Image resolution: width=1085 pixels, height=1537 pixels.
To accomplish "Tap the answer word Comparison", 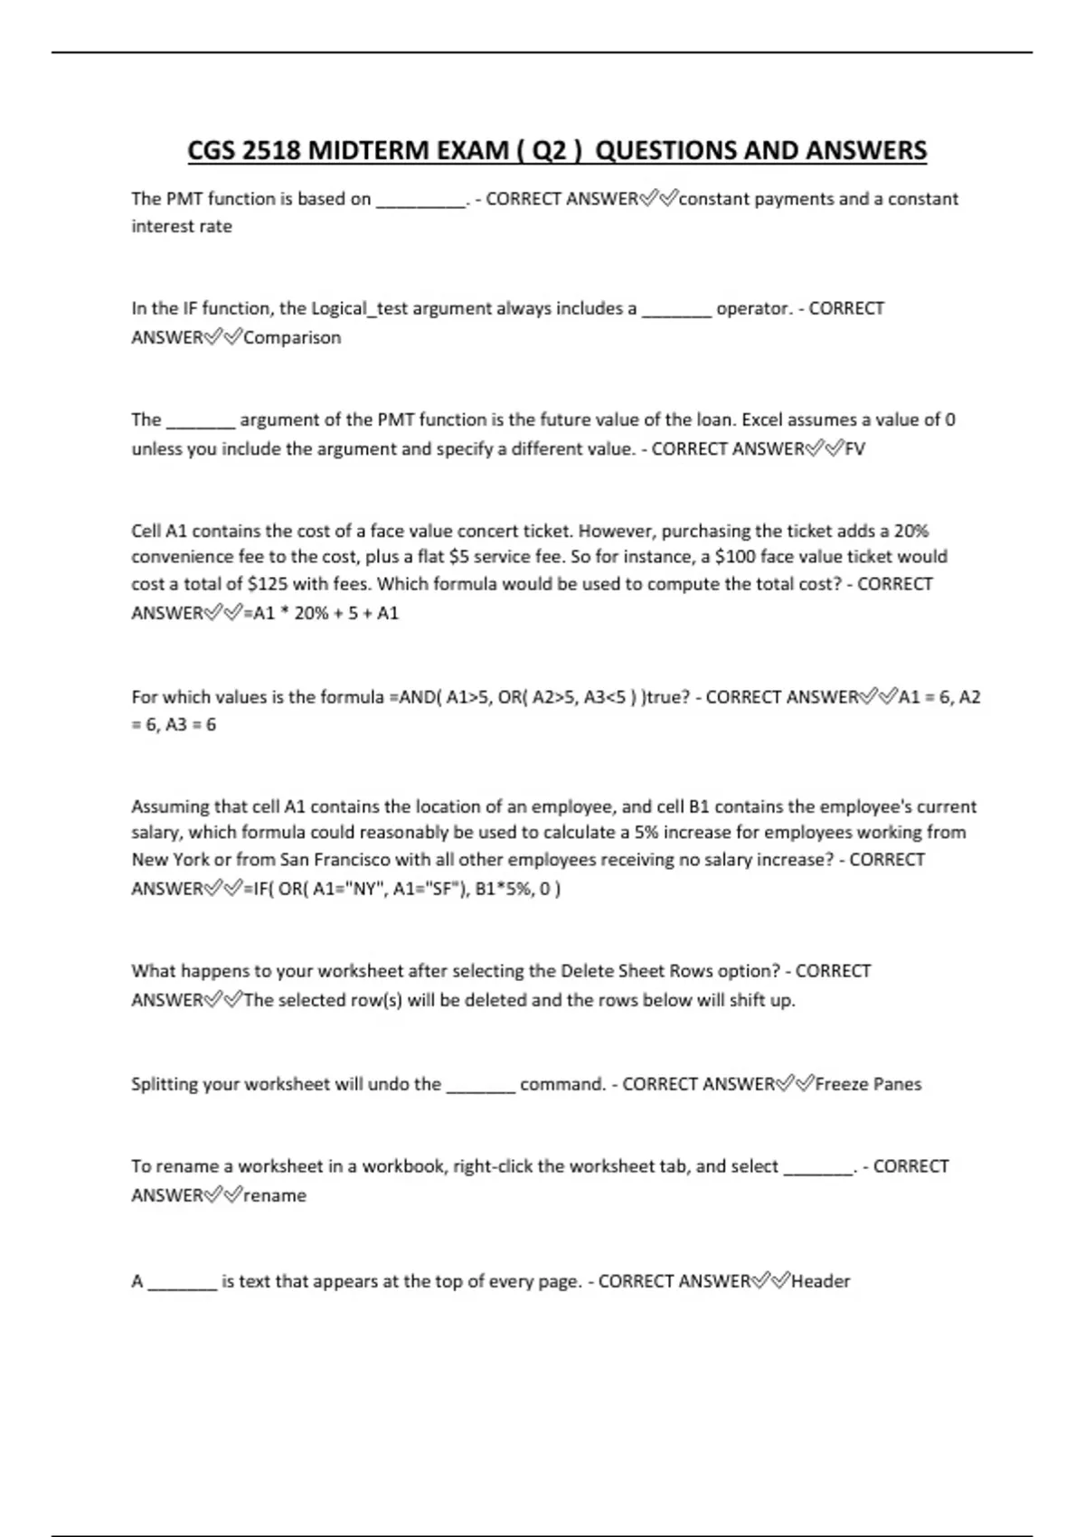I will click(292, 337).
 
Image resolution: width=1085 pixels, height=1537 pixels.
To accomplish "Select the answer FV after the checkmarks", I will click(854, 448).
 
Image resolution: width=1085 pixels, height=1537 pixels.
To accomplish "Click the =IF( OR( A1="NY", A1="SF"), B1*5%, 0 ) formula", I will click(402, 889).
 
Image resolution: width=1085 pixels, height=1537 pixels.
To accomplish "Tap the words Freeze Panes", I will click(868, 1084).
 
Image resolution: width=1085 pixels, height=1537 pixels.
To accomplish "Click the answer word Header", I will click(821, 1281).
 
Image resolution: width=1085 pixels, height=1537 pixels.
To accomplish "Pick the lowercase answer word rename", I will click(275, 1195).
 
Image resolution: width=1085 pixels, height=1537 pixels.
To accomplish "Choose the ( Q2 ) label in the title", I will click(550, 150).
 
